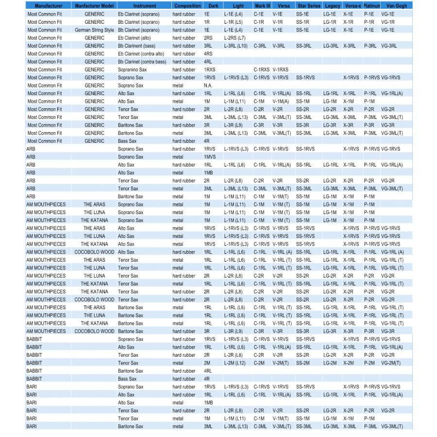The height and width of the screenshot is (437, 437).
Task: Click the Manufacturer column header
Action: [48, 6]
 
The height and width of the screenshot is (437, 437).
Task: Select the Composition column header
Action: [187, 6]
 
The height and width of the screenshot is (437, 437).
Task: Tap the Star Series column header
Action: [308, 6]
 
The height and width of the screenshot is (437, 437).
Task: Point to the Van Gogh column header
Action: [397, 6]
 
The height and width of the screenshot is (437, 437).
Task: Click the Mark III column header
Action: [262, 6]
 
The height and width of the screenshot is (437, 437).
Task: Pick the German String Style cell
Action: [94, 30]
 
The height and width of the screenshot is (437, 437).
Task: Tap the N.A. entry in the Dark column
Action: [208, 85]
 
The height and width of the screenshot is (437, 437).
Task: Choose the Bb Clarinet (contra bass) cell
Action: [142, 62]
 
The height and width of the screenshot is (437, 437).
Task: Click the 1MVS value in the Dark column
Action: [210, 157]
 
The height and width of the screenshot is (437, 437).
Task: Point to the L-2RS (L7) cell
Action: [235, 38]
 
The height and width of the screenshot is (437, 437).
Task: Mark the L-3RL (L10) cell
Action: [237, 46]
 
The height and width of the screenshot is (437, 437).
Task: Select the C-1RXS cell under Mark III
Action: [261, 69]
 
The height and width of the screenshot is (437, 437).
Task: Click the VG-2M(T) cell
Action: [391, 363]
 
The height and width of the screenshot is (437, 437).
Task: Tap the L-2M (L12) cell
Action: [236, 363]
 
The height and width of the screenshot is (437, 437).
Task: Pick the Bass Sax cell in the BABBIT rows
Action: [127, 379]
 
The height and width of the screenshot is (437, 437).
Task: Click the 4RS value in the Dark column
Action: [208, 54]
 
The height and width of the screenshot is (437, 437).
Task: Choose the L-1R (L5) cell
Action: [234, 22]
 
